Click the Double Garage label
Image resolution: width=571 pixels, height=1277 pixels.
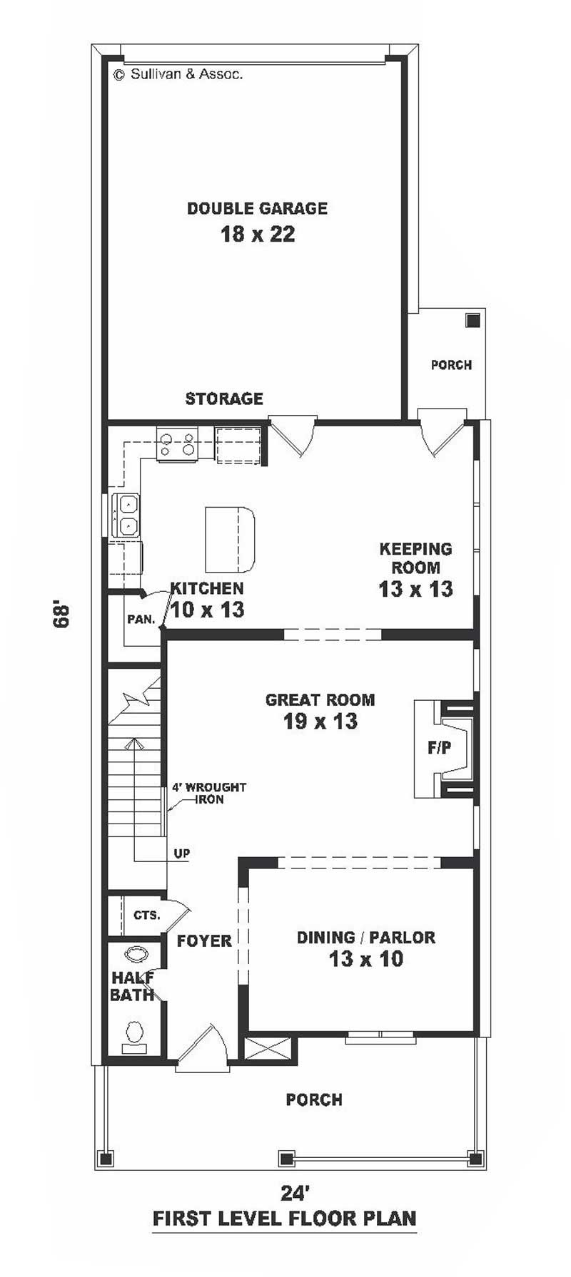(x=257, y=208)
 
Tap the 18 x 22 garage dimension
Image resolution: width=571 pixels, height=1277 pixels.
(x=258, y=234)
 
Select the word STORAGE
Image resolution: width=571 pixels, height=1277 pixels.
(x=224, y=399)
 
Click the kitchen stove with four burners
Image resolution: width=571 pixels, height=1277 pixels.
(x=177, y=443)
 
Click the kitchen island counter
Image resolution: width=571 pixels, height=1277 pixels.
(x=230, y=539)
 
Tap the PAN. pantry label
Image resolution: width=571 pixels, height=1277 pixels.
(x=141, y=620)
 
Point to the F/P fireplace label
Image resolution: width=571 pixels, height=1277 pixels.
(x=440, y=748)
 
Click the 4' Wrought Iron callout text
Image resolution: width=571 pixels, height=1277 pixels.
(x=208, y=794)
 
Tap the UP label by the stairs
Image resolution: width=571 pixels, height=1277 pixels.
(x=182, y=853)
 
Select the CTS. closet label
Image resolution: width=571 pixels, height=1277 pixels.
(x=147, y=915)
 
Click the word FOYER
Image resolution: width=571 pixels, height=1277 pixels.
(x=204, y=940)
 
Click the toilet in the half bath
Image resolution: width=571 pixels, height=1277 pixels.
(x=133, y=1036)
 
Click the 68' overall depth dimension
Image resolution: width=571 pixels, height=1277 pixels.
(x=63, y=616)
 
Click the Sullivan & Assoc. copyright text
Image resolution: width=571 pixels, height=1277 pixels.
(x=178, y=73)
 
